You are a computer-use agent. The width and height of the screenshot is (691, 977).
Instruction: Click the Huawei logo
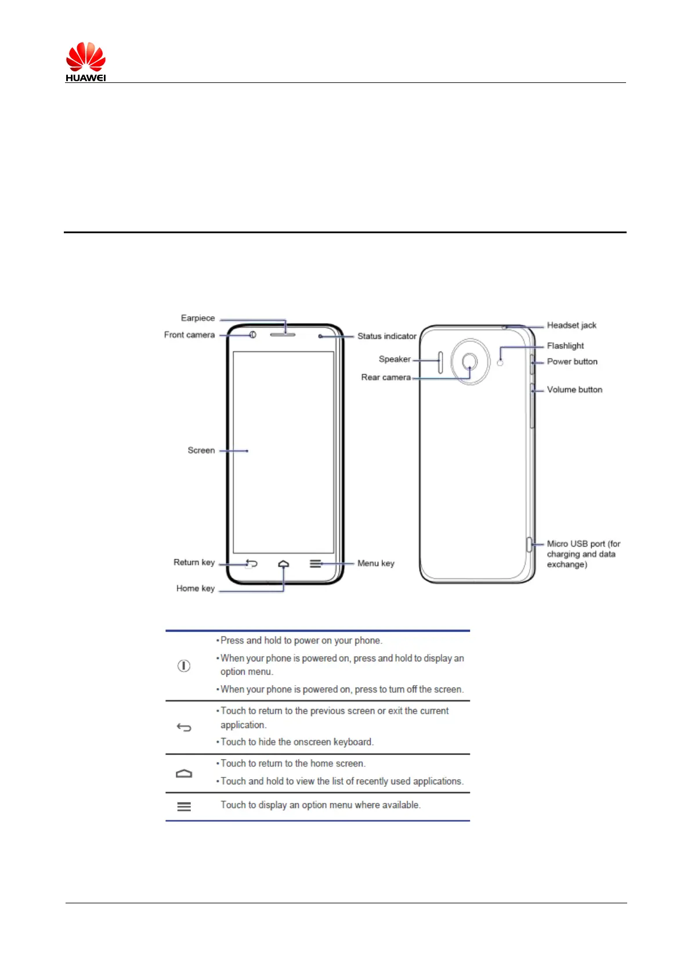pos(86,61)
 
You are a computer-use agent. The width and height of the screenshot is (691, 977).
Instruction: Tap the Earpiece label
pos(198,318)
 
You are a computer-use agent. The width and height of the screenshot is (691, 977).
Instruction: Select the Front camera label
pos(189,335)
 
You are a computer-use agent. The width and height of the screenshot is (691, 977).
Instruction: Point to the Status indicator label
pos(386,336)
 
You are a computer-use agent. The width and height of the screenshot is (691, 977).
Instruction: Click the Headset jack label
pos(571,325)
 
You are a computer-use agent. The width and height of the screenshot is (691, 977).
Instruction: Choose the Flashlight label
pos(565,346)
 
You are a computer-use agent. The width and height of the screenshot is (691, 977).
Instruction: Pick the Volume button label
pos(574,390)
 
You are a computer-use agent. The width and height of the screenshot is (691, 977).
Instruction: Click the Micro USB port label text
pos(583,554)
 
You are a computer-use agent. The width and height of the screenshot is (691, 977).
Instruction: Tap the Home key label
pos(196,588)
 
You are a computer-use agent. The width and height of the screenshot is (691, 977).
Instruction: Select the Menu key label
pos(375,563)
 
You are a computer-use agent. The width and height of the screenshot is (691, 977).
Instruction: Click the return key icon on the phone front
pos(251,563)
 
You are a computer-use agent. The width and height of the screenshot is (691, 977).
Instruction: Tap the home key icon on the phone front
pos(283,564)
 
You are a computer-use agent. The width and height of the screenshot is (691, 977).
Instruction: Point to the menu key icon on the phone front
pos(315,563)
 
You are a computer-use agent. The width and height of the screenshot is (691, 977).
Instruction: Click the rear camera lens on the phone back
pos(470,362)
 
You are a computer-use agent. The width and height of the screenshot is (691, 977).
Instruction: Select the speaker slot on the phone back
pos(440,362)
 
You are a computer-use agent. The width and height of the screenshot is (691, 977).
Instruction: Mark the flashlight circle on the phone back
pos(500,363)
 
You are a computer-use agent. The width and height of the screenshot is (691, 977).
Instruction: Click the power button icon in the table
pos(183,666)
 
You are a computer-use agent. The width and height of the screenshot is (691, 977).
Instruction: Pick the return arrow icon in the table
pos(183,728)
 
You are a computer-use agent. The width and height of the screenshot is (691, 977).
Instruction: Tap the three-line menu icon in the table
pos(183,807)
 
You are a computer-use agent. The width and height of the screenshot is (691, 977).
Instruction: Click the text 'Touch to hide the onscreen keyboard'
pos(296,742)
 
